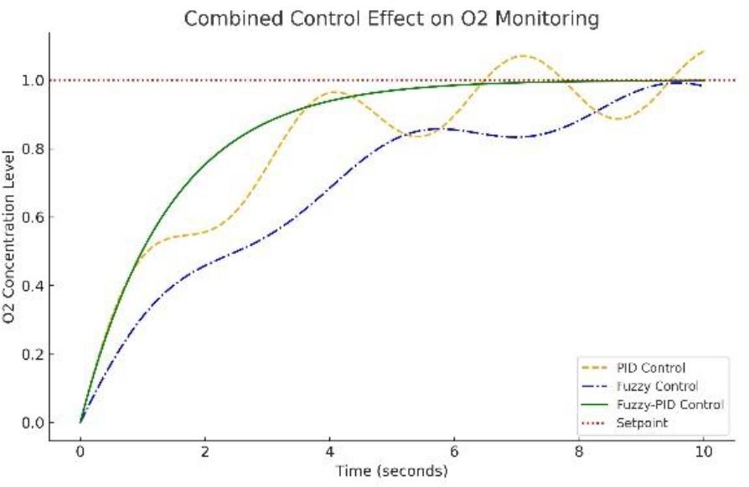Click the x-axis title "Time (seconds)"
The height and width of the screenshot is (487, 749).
(391, 472)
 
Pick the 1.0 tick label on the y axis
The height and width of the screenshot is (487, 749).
(33, 80)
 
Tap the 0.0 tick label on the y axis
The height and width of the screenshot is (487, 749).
(33, 422)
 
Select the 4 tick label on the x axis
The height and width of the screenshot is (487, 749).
(329, 453)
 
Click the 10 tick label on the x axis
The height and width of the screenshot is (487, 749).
(703, 453)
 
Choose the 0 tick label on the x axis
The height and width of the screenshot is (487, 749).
(80, 453)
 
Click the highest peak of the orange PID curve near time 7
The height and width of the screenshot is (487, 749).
(523, 56)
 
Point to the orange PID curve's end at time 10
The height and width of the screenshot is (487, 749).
(703, 51)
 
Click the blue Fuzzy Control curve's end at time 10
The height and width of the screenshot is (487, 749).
(703, 85)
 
